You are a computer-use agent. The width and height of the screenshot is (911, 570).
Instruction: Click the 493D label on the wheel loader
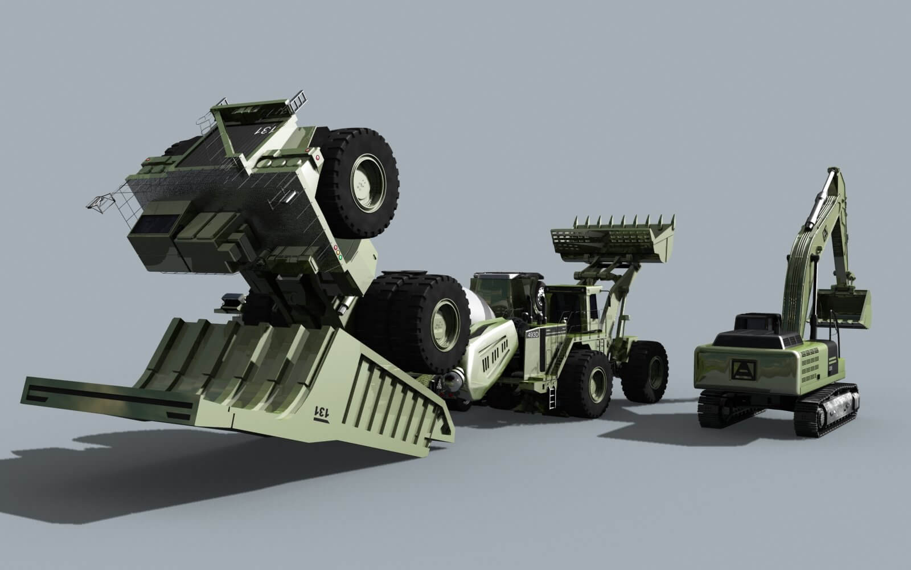click(533, 334)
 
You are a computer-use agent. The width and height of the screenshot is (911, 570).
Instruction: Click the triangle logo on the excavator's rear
click(740, 369)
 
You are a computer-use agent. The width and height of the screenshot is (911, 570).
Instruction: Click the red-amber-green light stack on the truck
click(338, 253)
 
